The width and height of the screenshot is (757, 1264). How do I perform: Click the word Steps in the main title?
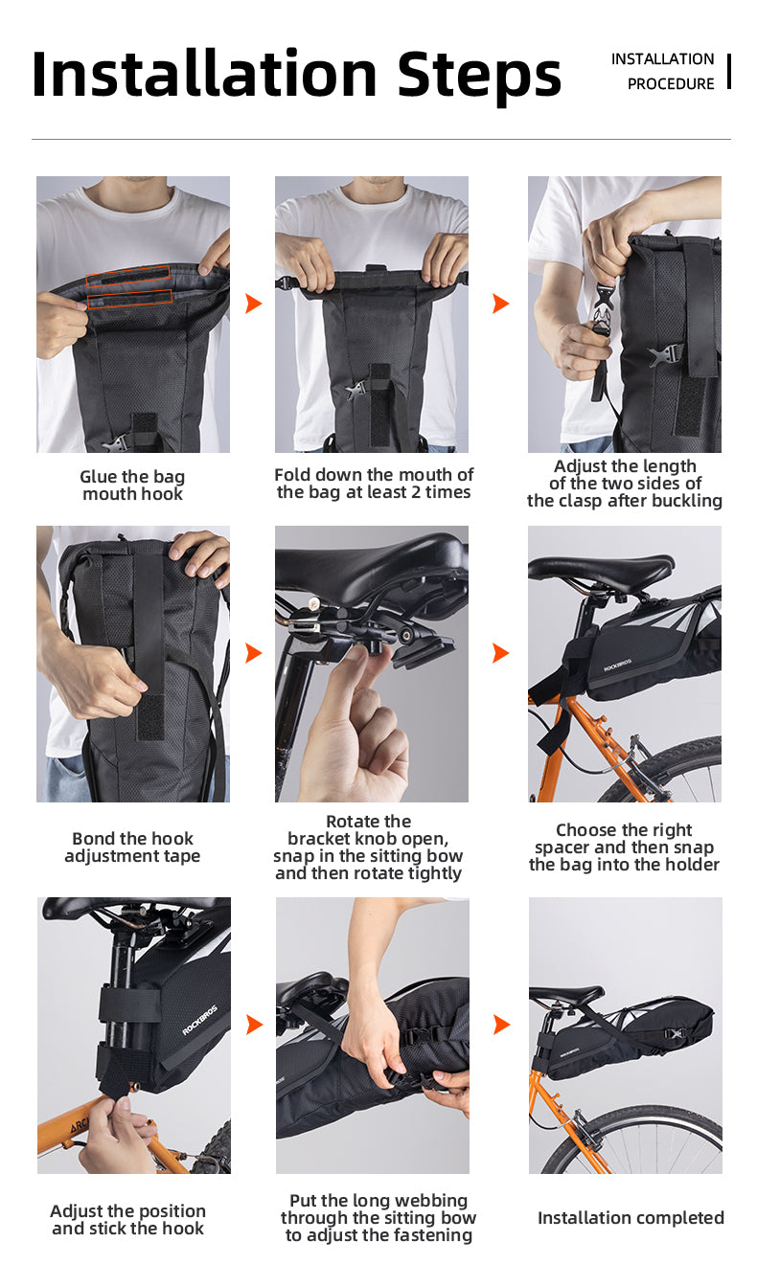(479, 75)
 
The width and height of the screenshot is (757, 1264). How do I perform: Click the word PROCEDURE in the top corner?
(671, 84)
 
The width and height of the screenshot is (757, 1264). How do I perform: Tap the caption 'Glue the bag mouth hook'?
(132, 485)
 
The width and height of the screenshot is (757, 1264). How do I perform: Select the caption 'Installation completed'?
(631, 1218)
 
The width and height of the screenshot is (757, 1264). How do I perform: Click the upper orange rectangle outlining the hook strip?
(128, 272)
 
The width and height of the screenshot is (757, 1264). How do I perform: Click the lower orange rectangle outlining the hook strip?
(129, 299)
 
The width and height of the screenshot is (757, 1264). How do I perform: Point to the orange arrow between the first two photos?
(254, 303)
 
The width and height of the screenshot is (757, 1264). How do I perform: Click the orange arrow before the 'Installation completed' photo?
(501, 1025)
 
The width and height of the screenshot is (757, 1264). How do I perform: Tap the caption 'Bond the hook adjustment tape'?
(132, 847)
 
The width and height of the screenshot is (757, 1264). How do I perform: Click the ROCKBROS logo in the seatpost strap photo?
(200, 1020)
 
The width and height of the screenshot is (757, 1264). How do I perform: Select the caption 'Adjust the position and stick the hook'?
(128, 1219)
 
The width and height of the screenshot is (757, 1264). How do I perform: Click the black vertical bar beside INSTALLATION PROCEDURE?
(729, 71)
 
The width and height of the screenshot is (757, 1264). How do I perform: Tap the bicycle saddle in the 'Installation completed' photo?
(566, 994)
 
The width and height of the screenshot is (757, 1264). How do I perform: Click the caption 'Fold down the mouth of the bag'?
(373, 483)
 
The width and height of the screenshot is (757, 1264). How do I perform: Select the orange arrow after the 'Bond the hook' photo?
(254, 653)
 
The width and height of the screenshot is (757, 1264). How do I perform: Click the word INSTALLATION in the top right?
(663, 59)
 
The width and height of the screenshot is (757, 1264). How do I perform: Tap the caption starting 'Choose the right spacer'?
(624, 847)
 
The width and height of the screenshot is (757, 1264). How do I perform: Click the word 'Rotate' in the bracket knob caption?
(354, 821)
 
